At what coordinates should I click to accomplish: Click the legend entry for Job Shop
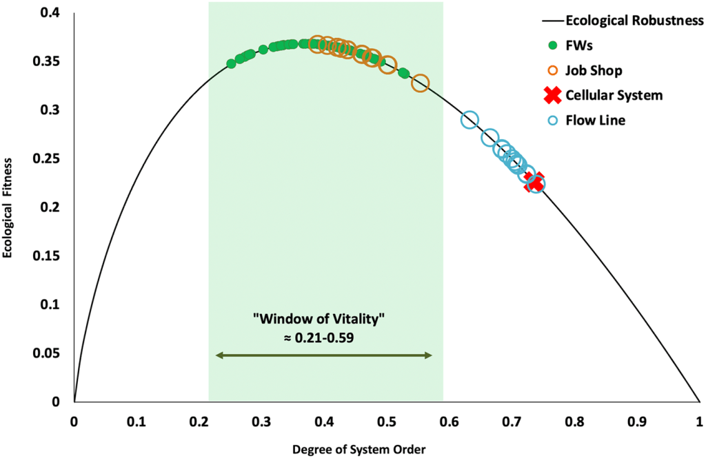click(593, 70)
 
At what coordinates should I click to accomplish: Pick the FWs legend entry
click(579, 45)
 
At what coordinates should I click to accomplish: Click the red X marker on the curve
click(534, 182)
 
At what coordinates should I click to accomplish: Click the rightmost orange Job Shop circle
click(420, 83)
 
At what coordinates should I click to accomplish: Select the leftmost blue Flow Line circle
click(470, 120)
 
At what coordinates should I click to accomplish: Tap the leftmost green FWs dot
click(231, 63)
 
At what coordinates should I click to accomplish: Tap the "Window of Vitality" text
click(323, 321)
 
